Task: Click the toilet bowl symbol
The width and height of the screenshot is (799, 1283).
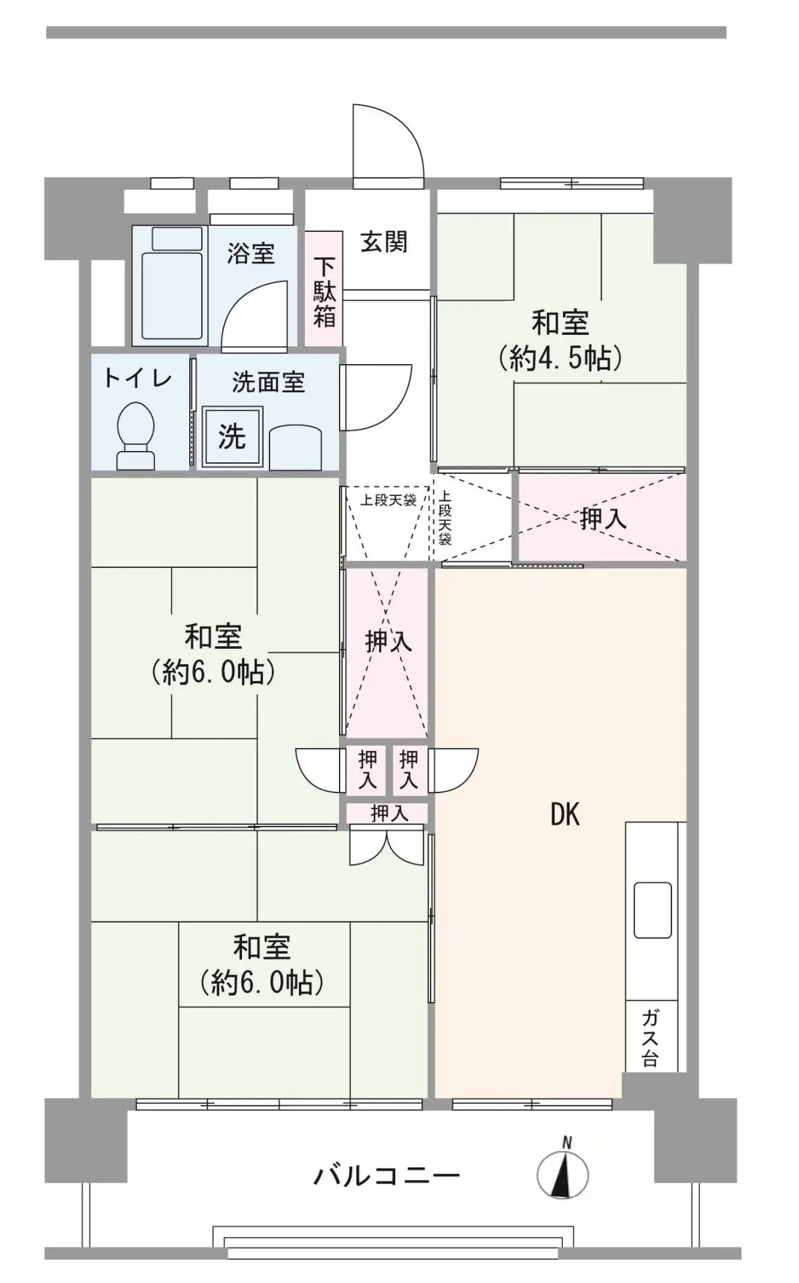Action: point(136,435)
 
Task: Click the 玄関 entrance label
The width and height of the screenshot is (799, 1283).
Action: point(384,241)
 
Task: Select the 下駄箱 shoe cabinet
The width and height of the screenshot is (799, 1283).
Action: point(324,289)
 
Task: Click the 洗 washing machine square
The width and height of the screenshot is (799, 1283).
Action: point(232,436)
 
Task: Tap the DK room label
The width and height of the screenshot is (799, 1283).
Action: point(565,815)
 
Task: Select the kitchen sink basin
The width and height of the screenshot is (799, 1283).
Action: point(653,909)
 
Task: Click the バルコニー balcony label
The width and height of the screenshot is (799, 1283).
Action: point(387,1174)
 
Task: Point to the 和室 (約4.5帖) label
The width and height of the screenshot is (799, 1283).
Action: point(560,341)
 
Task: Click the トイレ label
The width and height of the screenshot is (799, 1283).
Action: point(137,378)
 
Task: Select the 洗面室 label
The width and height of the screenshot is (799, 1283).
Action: point(268,382)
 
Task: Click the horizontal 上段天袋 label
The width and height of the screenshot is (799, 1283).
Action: point(388,500)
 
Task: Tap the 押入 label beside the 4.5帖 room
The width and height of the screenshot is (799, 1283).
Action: point(604,519)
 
